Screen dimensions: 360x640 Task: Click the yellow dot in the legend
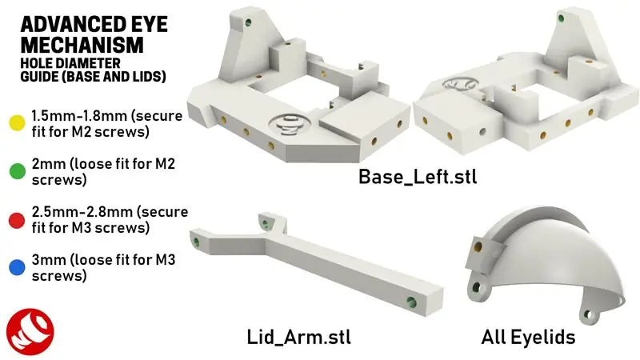tap(16, 122)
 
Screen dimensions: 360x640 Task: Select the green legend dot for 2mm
tap(16, 170)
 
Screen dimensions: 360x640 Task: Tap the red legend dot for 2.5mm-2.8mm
tap(16, 218)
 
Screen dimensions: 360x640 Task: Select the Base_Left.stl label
tap(418, 176)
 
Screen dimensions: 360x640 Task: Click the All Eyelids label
tap(528, 338)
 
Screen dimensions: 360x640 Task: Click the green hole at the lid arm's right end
tap(411, 302)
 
